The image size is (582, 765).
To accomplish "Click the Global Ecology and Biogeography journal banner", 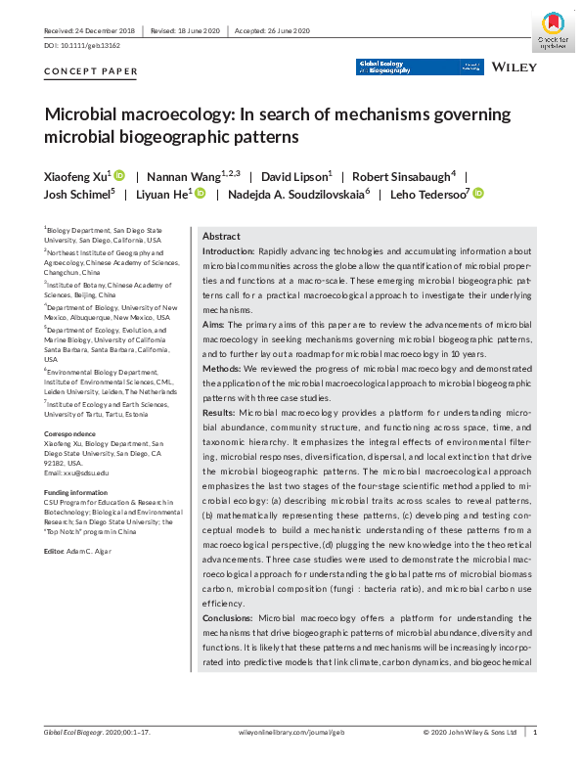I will point(419,67).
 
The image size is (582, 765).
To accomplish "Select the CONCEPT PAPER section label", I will point(91,72).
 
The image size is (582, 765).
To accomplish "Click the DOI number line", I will point(80,46).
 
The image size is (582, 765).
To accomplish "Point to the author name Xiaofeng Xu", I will point(77,176).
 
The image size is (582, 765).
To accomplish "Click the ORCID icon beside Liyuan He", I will point(200,194).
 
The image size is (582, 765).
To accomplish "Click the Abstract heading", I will point(221,237).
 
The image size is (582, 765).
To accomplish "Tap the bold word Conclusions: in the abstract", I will point(228,619).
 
